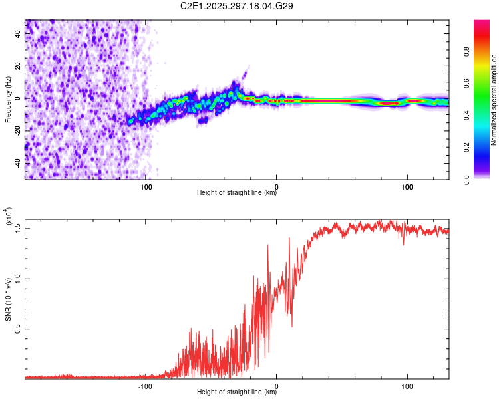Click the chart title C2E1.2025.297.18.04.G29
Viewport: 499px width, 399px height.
pos(237,6)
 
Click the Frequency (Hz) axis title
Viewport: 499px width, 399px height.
pos(8,100)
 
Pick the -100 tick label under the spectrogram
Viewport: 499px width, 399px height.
pos(146,186)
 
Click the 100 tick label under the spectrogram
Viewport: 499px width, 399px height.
pos(407,186)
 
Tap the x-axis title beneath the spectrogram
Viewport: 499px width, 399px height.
pos(237,193)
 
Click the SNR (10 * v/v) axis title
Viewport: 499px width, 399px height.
pos(8,299)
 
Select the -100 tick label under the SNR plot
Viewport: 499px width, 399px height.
pos(146,385)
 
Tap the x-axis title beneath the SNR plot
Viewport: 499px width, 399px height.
pos(237,392)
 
